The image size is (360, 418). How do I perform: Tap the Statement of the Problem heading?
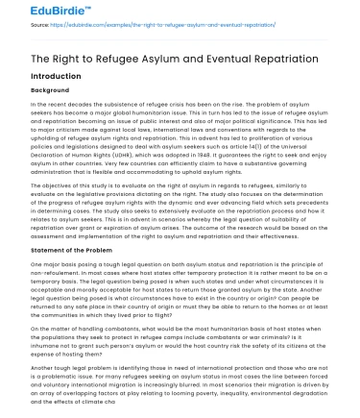coord(80,227)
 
